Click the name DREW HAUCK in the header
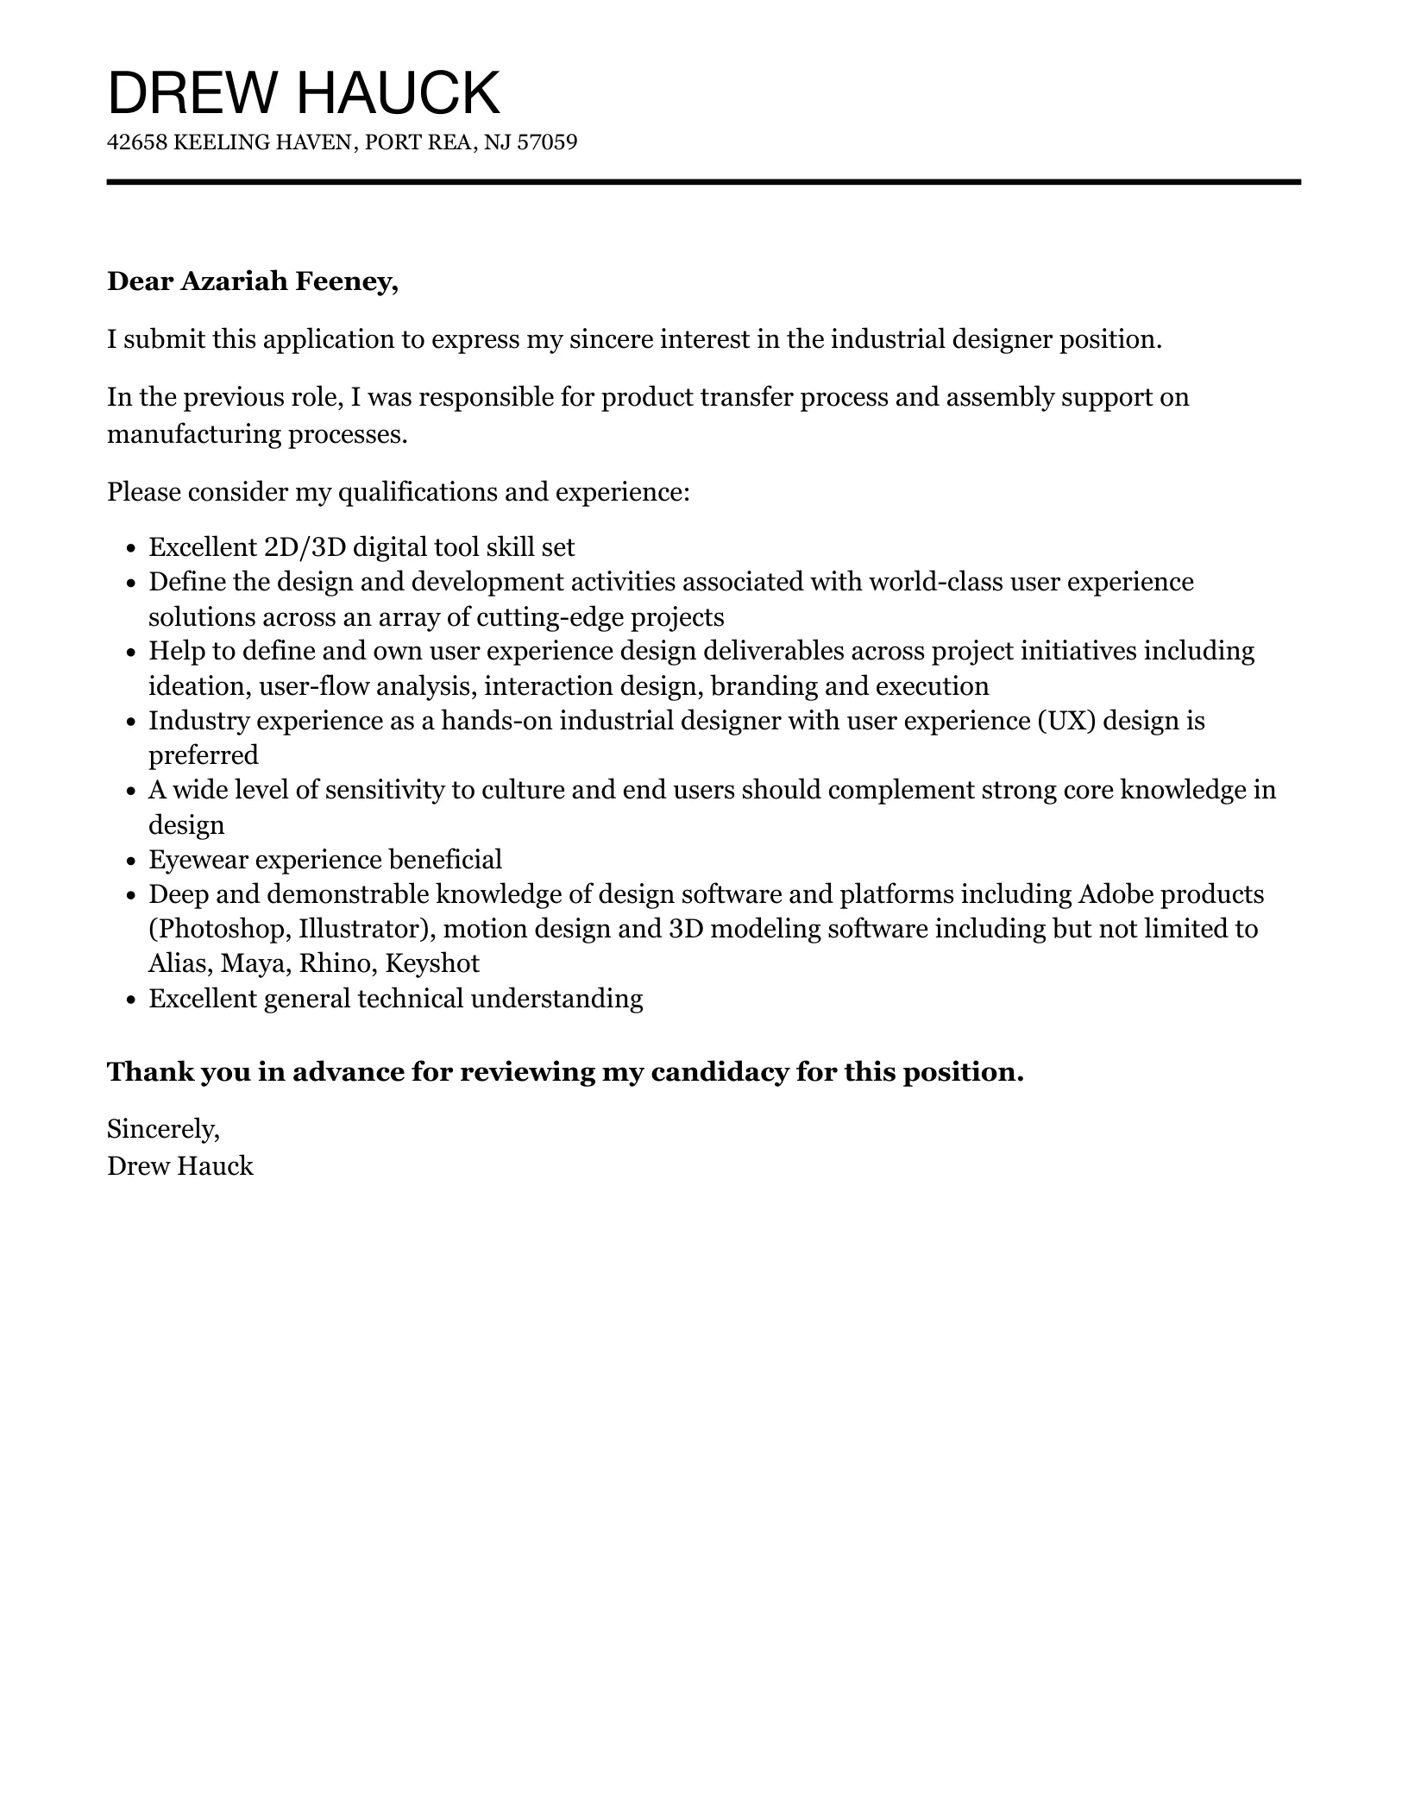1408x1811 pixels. tap(303, 93)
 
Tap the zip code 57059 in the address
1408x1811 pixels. tap(546, 142)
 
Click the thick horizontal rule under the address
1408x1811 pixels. tap(703, 182)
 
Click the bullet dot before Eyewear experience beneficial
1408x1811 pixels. tap(131, 861)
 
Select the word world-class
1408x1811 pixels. tap(935, 582)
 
